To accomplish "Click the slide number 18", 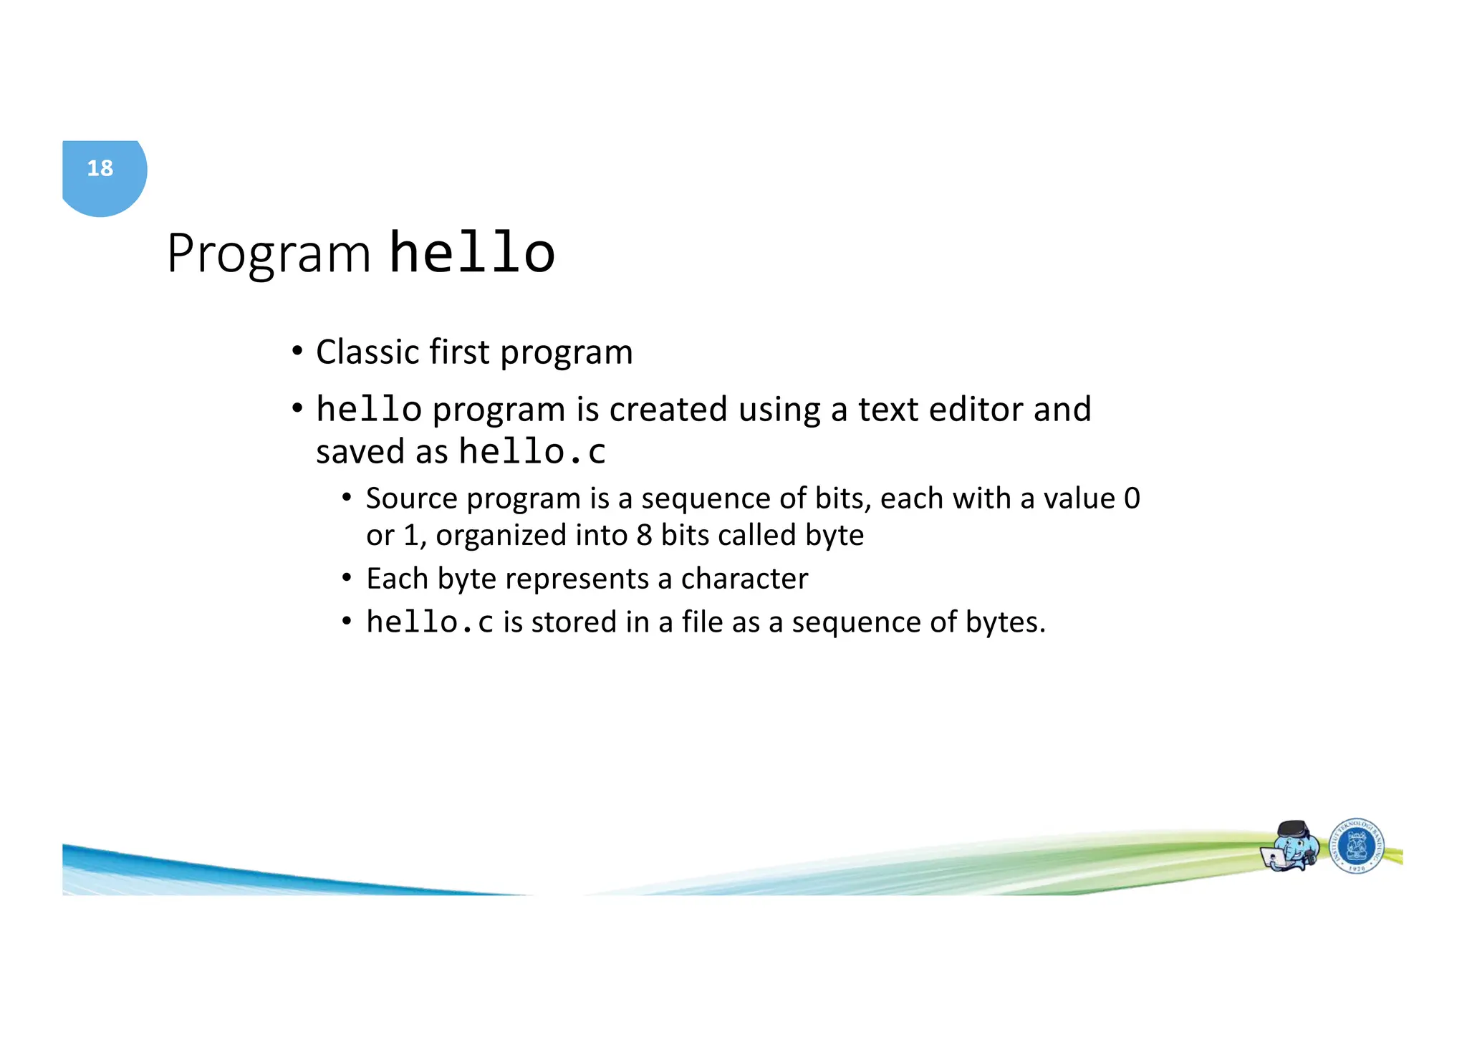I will point(100,168).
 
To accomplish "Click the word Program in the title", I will point(269,254).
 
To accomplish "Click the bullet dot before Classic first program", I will point(297,352).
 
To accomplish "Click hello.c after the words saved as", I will point(532,452).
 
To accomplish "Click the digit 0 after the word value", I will point(1132,498).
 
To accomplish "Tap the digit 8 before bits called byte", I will point(644,536).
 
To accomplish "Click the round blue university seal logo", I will point(1356,847).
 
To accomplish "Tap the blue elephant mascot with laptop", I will point(1290,847).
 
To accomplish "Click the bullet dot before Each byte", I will point(347,578).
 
